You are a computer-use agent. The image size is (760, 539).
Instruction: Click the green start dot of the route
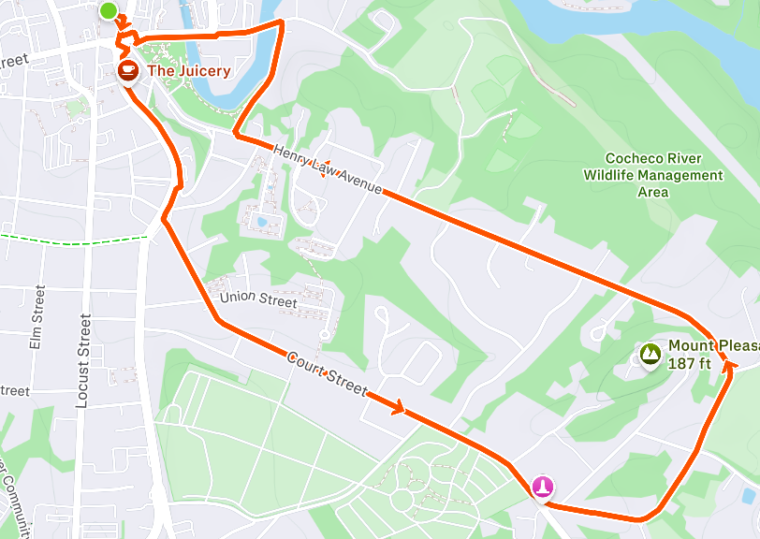[x=109, y=11]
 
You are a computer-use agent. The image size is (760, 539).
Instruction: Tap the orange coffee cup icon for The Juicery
[x=128, y=71]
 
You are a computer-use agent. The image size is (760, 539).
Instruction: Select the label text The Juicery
[x=188, y=70]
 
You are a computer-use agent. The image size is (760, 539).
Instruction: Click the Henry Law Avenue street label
[x=328, y=168]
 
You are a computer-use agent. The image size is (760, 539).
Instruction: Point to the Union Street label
[x=258, y=300]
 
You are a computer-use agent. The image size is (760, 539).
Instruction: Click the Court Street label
[x=327, y=374]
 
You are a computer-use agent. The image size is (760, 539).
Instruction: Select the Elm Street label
[x=37, y=318]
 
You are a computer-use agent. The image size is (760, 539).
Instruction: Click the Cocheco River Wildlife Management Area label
[x=653, y=175]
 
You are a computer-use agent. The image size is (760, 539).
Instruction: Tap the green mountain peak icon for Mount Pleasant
[x=650, y=354]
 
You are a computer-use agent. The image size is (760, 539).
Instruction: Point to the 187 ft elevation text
[x=690, y=363]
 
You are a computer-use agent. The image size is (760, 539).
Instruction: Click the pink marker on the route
[x=543, y=488]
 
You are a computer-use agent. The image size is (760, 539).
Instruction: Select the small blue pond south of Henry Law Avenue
[x=260, y=222]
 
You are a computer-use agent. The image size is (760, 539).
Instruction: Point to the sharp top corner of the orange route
[x=281, y=22]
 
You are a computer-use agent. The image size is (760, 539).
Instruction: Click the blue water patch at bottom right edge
[x=752, y=496]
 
